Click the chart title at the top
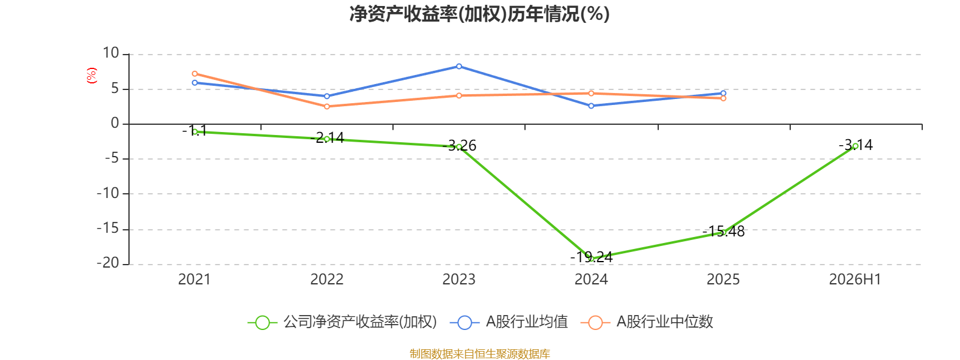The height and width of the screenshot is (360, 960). pyautogui.click(x=479, y=14)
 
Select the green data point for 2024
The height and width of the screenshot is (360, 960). pyautogui.click(x=592, y=259)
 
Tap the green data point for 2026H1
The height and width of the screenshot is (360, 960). pyautogui.click(x=856, y=146)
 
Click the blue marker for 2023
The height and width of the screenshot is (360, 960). pyautogui.click(x=459, y=67)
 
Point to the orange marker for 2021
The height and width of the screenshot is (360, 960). pyautogui.click(x=195, y=74)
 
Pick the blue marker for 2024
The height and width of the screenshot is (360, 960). pyautogui.click(x=592, y=106)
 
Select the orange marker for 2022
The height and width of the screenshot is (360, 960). pyautogui.click(x=327, y=106)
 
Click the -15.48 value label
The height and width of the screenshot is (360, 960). pyautogui.click(x=724, y=232)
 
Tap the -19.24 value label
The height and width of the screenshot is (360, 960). pyautogui.click(x=592, y=257)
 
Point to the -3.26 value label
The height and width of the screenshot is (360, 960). pyautogui.click(x=459, y=146)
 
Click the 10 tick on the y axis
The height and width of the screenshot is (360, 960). pyautogui.click(x=110, y=53)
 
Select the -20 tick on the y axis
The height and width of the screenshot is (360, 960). pyautogui.click(x=107, y=263)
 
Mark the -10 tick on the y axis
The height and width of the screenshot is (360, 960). pyautogui.click(x=107, y=193)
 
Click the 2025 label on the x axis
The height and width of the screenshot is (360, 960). pyautogui.click(x=723, y=280)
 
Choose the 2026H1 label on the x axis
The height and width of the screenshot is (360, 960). pyautogui.click(x=855, y=280)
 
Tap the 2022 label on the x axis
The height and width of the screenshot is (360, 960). pyautogui.click(x=327, y=280)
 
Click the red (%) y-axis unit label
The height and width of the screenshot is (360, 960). pyautogui.click(x=91, y=76)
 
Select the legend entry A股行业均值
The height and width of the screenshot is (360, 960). pyautogui.click(x=509, y=322)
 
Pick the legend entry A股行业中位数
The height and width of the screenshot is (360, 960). pyautogui.click(x=647, y=322)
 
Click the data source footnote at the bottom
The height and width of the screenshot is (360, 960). pyautogui.click(x=479, y=353)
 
